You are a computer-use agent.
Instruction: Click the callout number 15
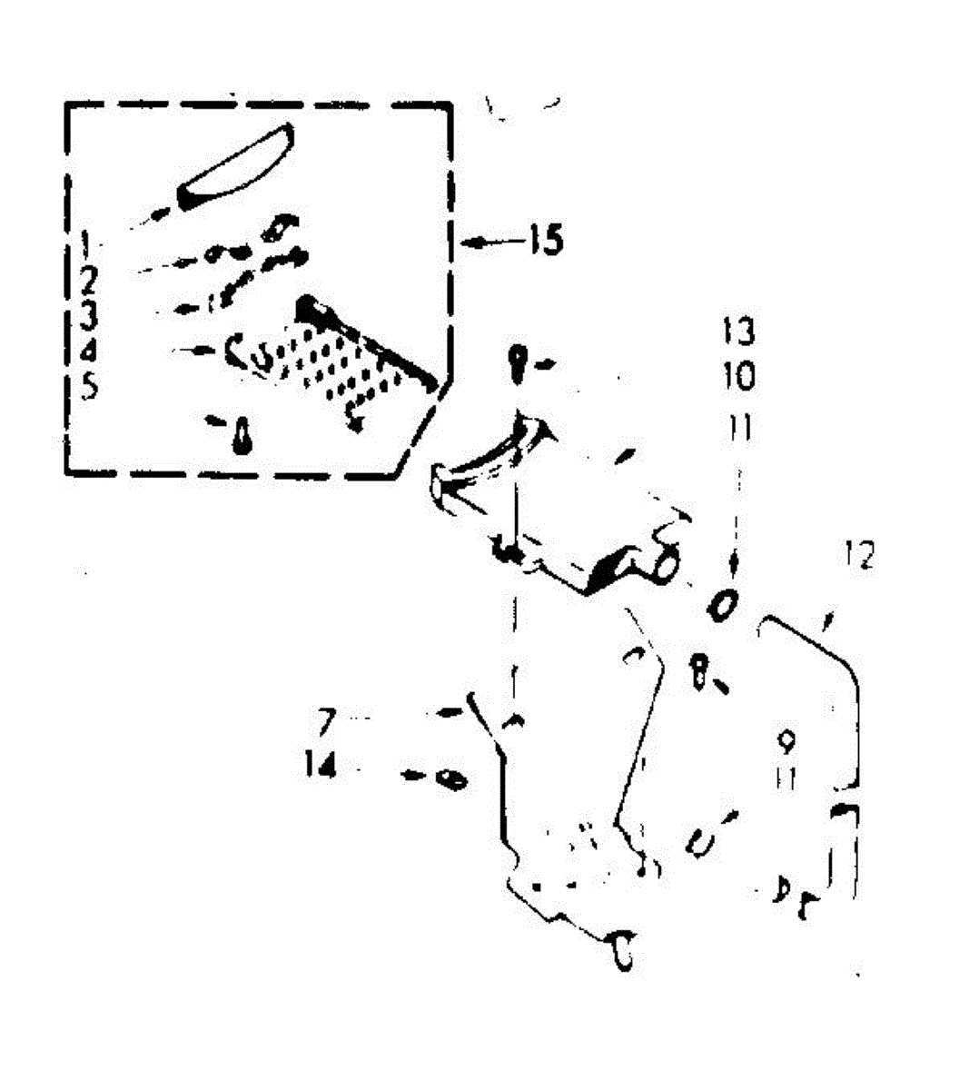(544, 242)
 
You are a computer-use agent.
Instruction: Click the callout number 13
(738, 332)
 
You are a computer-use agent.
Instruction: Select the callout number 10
(738, 375)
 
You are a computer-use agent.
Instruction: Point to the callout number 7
(327, 721)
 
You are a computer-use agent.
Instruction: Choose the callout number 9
(786, 742)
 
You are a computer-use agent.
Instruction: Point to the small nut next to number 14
(451, 779)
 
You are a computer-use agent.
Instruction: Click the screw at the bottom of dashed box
(242, 435)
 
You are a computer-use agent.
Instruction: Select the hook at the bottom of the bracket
(623, 950)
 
